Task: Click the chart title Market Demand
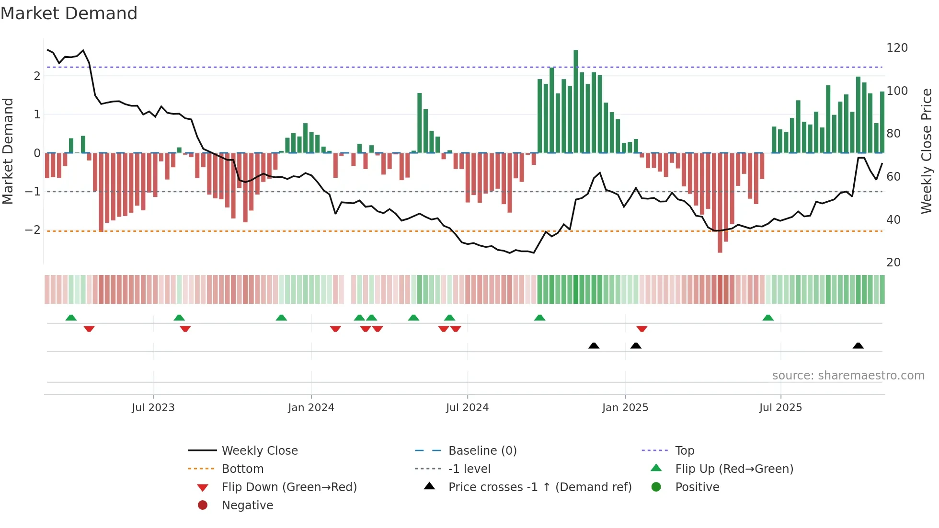coord(69,13)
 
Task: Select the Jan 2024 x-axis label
coord(311,408)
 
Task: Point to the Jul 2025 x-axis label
coord(780,408)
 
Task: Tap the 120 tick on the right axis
coord(897,48)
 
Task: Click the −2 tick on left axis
coord(33,230)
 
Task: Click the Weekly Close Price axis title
coord(927,151)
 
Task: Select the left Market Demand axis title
coord(8,151)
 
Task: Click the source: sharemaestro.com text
coord(848,376)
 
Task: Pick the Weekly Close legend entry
coord(259,451)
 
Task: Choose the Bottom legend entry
coord(242,469)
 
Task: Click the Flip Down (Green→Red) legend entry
coord(289,487)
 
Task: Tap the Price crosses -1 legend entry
coord(539,487)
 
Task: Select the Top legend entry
coord(684,451)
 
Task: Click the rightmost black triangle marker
coord(858,346)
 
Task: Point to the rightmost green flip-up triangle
coord(768,318)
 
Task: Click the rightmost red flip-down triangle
coord(642,329)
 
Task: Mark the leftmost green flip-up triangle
coord(71,318)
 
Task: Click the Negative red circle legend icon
coord(203,505)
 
